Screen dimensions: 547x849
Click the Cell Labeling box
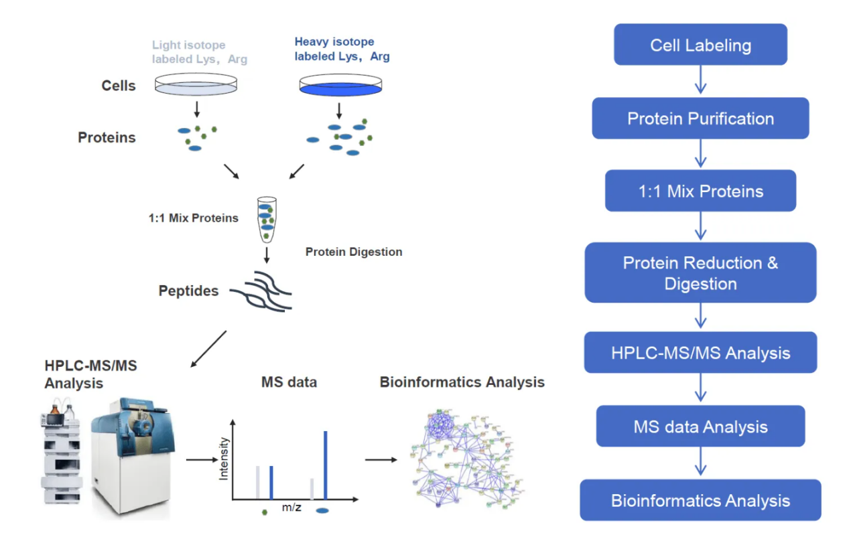700,45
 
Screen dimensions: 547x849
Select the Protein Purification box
700,119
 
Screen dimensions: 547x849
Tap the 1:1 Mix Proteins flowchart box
700,191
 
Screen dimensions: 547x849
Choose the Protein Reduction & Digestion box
700,272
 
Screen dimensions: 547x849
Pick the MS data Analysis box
700,426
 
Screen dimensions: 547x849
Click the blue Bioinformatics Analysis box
700,500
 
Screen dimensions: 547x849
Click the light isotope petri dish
196,84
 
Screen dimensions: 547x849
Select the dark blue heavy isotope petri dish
340,85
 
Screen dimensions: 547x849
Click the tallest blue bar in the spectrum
326,465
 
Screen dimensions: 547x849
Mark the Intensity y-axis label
224,459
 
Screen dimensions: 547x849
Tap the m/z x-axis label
291,507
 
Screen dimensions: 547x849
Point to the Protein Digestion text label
354,252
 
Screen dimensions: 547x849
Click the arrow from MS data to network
380,460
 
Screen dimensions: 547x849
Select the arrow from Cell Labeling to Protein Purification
700,81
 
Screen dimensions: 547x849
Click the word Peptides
188,291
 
